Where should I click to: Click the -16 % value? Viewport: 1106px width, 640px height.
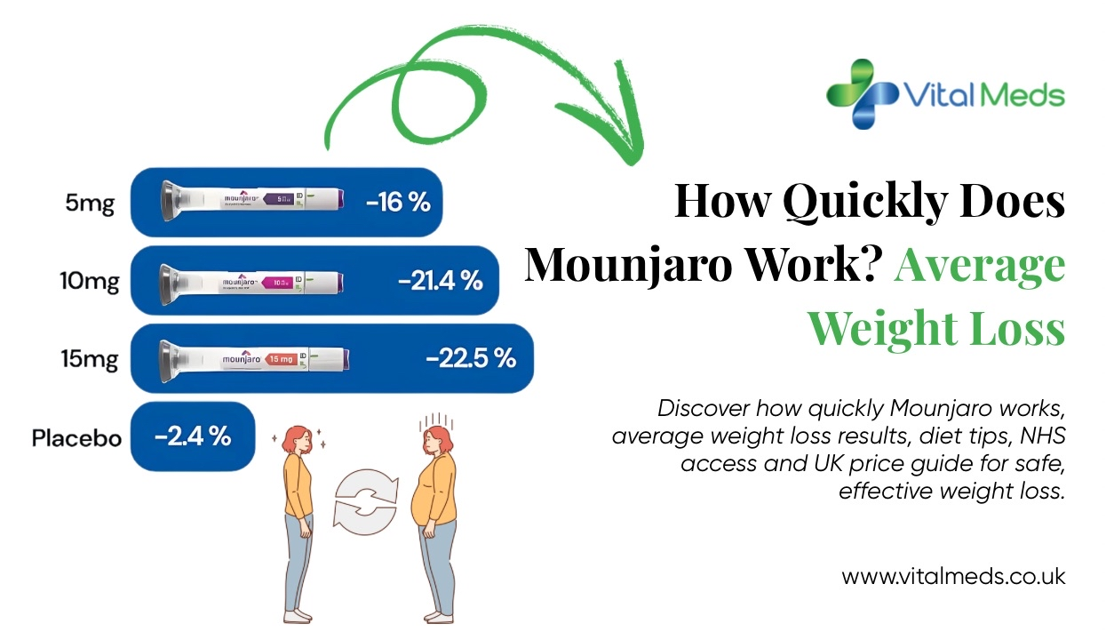click(398, 203)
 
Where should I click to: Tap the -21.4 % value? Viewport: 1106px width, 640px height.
click(441, 281)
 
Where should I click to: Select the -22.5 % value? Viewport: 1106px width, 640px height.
click(471, 359)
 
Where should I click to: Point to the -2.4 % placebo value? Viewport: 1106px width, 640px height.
click(193, 437)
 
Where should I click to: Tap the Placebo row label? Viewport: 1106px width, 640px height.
click(76, 438)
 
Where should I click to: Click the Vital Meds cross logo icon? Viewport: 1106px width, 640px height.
click(861, 93)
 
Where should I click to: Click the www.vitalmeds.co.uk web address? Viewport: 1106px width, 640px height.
click(953, 576)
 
